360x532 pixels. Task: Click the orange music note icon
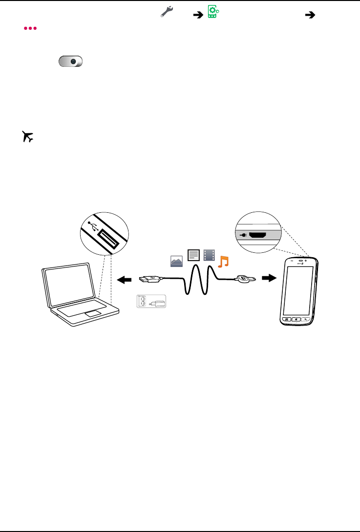[x=223, y=262]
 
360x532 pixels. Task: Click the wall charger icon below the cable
[x=151, y=302]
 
